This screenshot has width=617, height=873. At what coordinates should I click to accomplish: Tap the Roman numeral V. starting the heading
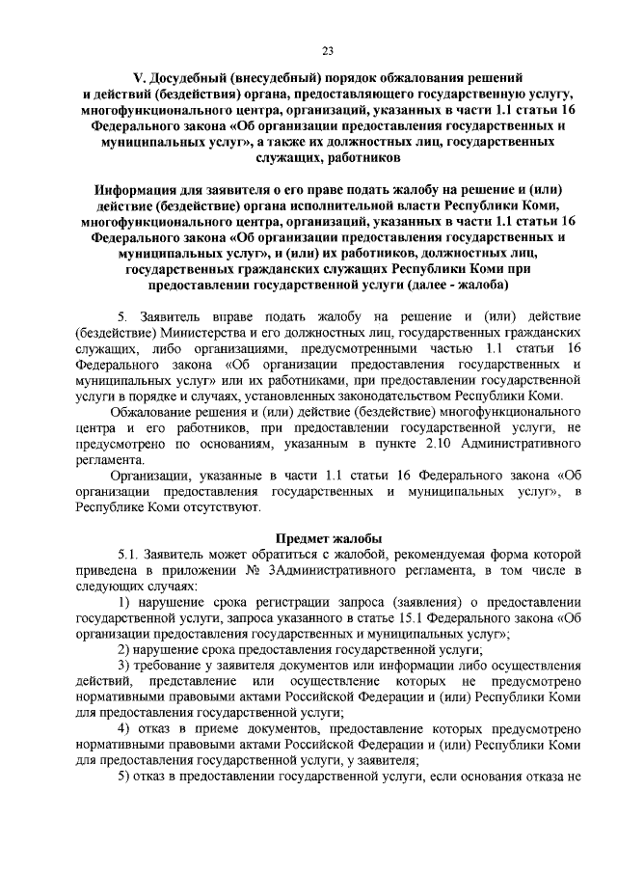pyautogui.click(x=138, y=76)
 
